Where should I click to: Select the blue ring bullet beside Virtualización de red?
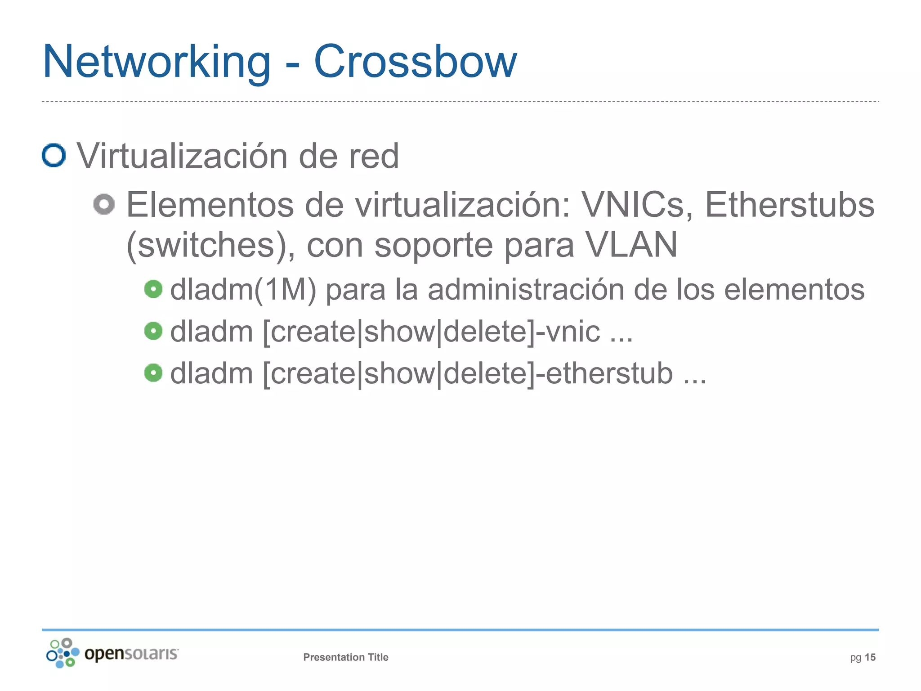click(54, 155)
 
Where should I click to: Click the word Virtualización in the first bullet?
click(182, 156)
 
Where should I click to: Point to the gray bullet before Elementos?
click(104, 204)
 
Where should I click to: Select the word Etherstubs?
click(789, 205)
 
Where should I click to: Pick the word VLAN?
click(631, 245)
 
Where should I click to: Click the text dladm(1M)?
click(243, 289)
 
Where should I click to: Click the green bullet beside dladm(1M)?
click(153, 289)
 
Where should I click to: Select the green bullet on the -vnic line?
click(153, 331)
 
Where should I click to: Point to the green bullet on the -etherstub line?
click(153, 373)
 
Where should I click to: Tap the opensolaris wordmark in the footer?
click(131, 653)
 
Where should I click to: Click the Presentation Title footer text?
click(345, 657)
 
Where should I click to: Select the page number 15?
click(870, 657)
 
